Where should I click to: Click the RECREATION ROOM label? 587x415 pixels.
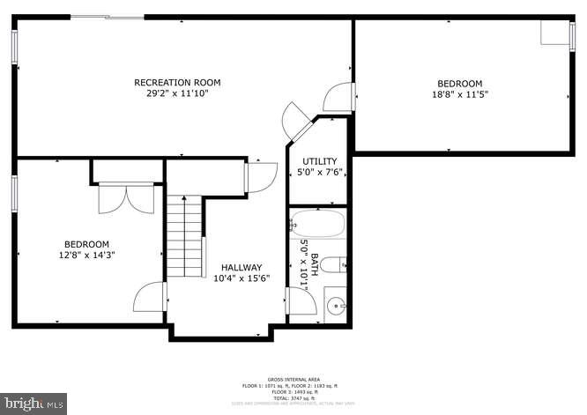(177, 82)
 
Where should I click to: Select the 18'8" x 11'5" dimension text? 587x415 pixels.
(459, 93)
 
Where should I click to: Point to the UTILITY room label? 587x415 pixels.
(319, 160)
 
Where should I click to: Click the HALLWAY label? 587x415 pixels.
(241, 268)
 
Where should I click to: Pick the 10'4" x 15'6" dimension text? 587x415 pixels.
(241, 278)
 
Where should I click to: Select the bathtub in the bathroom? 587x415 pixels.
(318, 224)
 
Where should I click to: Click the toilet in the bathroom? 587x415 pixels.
(333, 264)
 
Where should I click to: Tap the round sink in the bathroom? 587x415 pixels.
(336, 307)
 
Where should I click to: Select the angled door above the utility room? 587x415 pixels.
(296, 122)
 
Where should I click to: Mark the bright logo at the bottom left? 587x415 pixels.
(33, 404)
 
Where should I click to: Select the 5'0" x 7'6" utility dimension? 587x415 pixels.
(319, 172)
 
